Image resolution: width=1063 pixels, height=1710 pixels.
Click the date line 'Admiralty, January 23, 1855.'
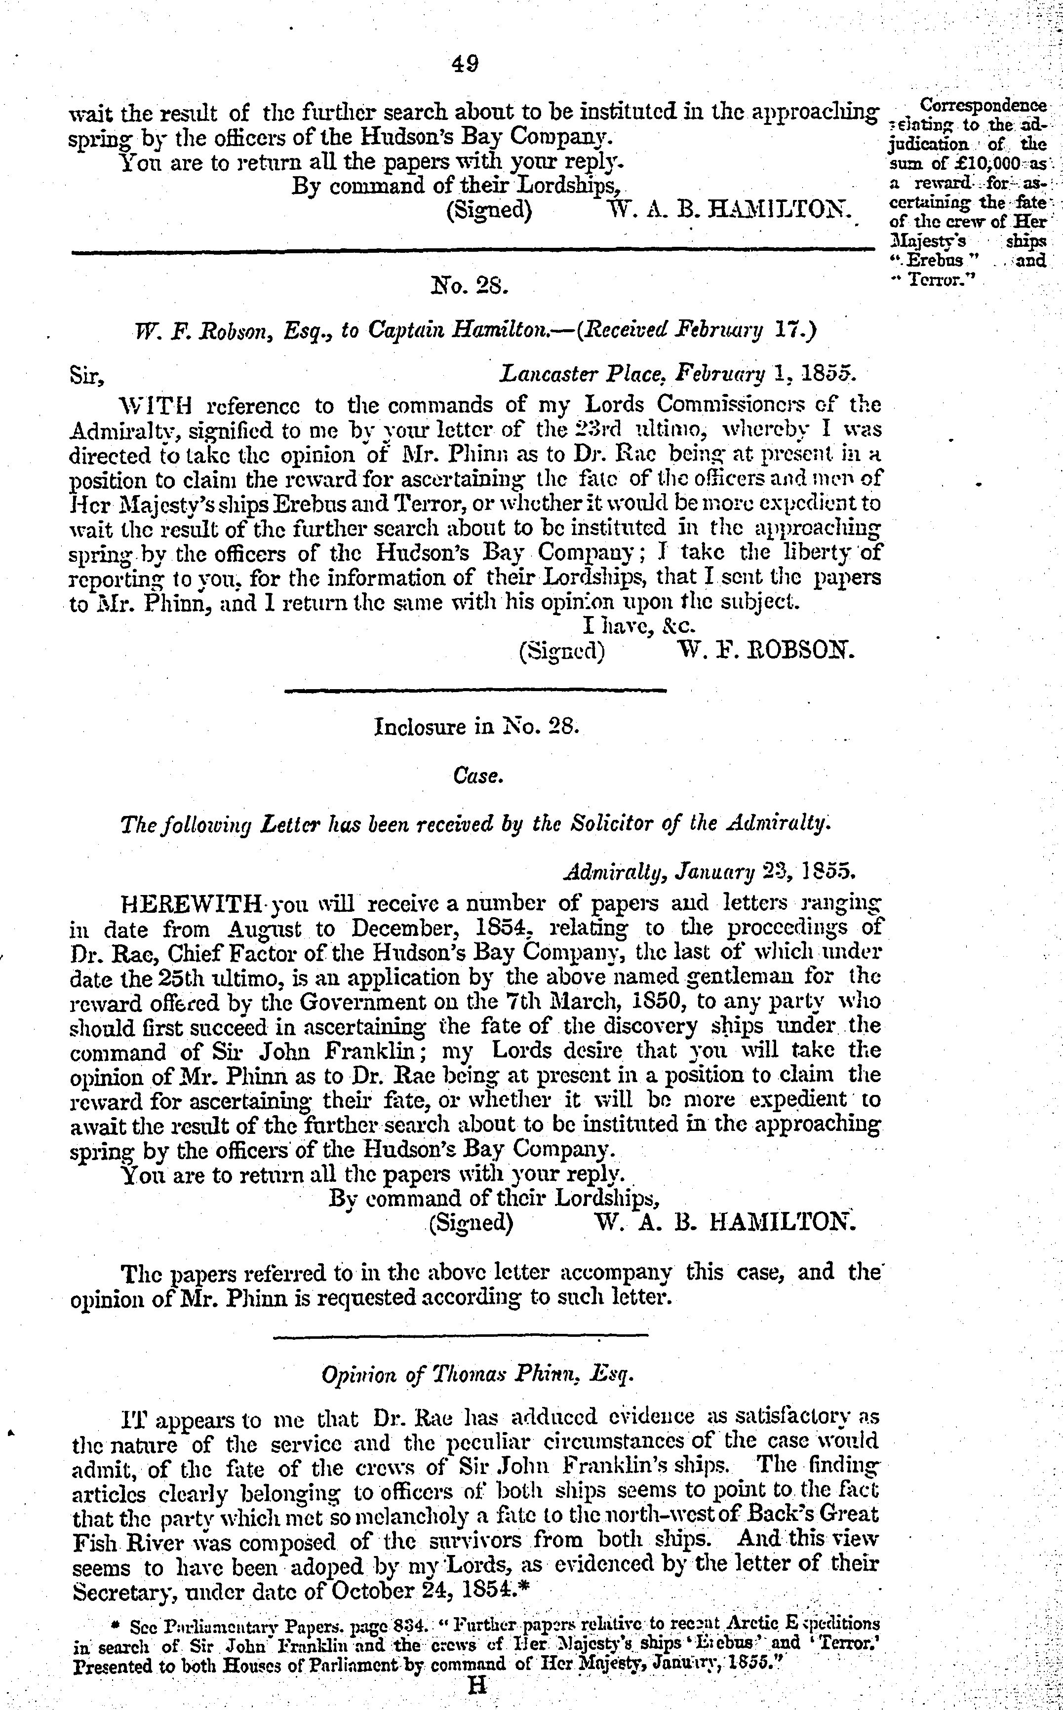tap(709, 872)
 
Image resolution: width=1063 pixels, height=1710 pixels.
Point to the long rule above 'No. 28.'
tap(468, 247)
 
